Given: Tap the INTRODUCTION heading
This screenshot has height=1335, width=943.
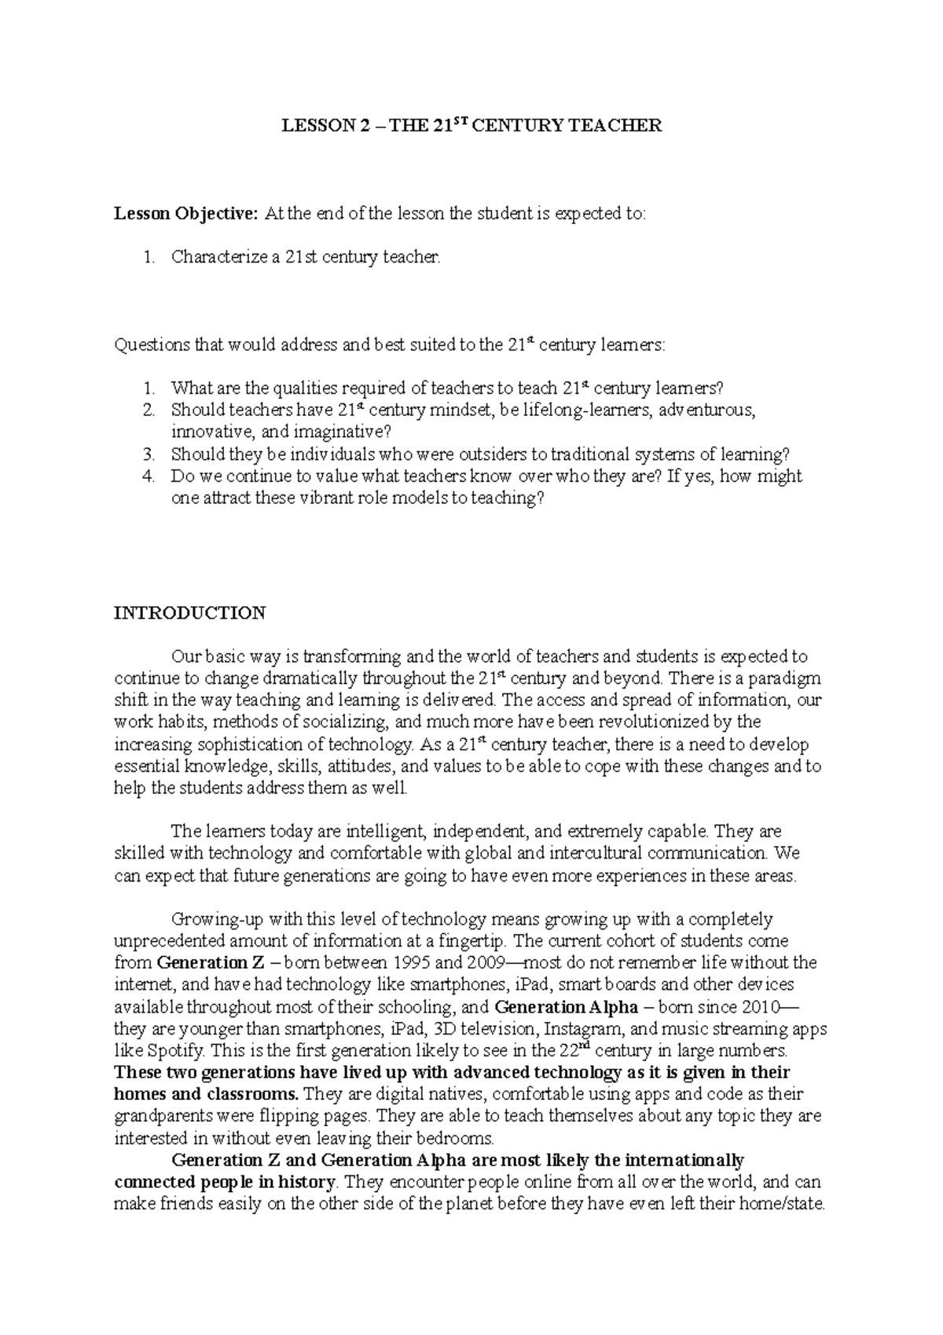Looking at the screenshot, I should click(x=190, y=612).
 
